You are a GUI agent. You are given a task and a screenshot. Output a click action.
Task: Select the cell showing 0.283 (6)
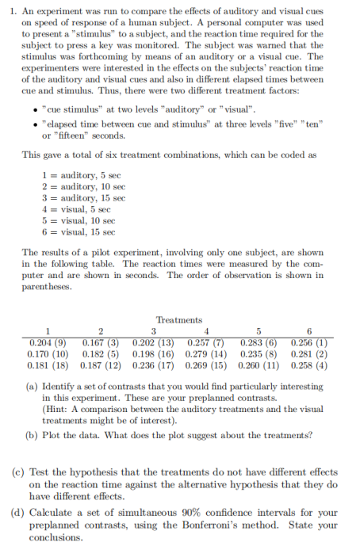pos(258,342)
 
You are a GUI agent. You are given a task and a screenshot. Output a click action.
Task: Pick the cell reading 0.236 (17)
pos(155,367)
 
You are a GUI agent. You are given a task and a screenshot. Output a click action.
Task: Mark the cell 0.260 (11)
pos(258,367)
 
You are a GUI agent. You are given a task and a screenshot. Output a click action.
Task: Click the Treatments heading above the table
pos(180,319)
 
